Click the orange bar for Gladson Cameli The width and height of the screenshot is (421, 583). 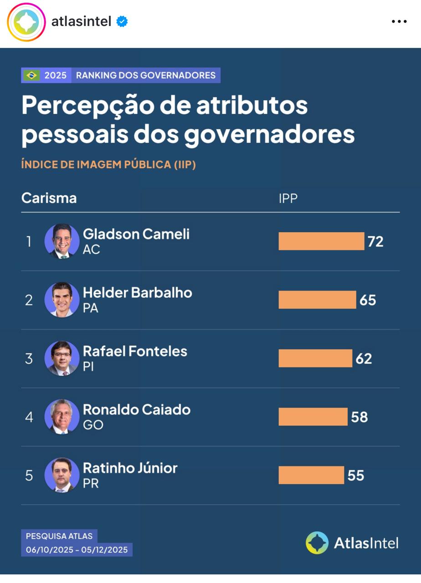[321, 241]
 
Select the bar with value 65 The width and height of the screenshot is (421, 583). [317, 300]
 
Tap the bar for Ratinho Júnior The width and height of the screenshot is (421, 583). [311, 475]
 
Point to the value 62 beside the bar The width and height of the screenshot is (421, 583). [364, 358]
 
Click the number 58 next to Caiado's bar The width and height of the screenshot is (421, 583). [359, 417]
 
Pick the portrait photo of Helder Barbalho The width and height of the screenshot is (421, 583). [62, 300]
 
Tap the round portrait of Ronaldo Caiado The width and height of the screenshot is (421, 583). [62, 417]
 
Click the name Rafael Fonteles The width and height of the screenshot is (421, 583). [135, 351]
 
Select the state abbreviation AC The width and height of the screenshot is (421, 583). [91, 250]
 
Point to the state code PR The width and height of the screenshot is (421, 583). [91, 483]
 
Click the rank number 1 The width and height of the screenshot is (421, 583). [29, 241]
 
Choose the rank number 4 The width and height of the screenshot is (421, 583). [29, 417]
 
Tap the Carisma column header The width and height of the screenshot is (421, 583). [49, 198]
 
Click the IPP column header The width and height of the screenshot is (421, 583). [288, 198]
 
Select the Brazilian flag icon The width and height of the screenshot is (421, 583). [32, 75]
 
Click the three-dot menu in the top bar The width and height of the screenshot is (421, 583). [399, 21]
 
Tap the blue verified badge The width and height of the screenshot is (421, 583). [122, 21]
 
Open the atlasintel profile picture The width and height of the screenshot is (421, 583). [26, 22]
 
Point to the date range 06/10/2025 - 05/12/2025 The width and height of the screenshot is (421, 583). [77, 550]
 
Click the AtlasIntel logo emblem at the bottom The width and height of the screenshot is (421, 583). [317, 542]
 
